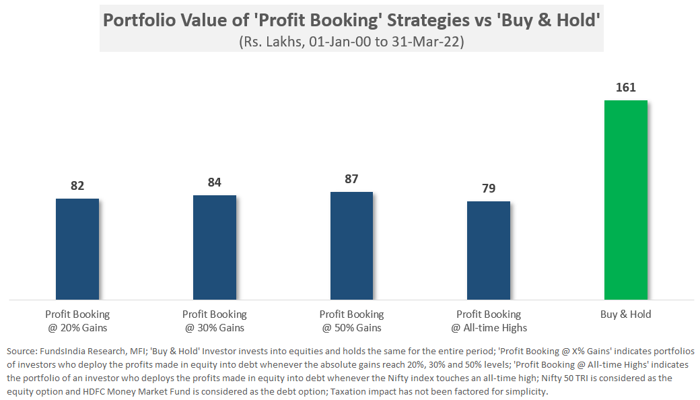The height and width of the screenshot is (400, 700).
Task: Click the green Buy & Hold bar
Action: click(x=625, y=200)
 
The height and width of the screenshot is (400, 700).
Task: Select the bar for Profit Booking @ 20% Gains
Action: click(x=77, y=249)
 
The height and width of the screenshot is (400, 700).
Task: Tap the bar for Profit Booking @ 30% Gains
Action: click(x=215, y=247)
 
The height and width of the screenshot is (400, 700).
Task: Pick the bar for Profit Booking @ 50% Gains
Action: click(x=351, y=246)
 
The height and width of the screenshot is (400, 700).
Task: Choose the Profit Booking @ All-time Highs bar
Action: click(x=489, y=251)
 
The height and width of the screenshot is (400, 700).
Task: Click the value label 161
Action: click(x=625, y=88)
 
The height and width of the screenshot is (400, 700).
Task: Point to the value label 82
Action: click(x=77, y=186)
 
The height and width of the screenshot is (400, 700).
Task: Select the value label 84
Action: click(x=215, y=182)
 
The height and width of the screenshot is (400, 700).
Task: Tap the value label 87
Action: click(x=351, y=179)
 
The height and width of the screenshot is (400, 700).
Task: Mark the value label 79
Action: click(x=489, y=189)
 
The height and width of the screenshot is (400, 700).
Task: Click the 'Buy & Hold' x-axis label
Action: click(x=625, y=314)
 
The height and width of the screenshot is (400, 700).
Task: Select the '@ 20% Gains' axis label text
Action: click(x=77, y=328)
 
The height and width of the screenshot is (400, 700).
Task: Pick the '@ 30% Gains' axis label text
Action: click(x=215, y=328)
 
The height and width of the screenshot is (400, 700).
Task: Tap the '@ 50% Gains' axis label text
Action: click(x=351, y=328)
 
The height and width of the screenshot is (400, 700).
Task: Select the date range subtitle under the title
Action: click(x=351, y=40)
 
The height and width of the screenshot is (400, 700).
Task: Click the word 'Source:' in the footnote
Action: click(x=22, y=352)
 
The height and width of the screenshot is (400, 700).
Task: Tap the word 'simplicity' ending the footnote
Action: click(x=527, y=392)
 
